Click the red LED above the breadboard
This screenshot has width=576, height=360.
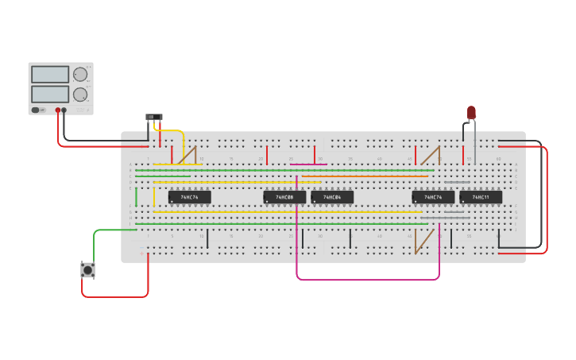[471, 112]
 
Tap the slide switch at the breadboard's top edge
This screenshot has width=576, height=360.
[154, 118]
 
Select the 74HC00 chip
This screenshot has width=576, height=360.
[284, 197]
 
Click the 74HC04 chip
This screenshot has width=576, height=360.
[332, 197]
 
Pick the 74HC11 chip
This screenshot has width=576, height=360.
[481, 197]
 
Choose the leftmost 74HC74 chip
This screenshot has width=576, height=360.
[189, 197]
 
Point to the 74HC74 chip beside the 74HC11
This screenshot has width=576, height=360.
[433, 197]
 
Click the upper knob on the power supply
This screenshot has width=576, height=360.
[80, 75]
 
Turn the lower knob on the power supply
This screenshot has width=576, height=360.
[80, 95]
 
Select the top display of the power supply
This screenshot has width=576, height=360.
[50, 75]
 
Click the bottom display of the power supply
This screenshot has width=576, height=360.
[50, 94]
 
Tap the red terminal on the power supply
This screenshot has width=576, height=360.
[58, 110]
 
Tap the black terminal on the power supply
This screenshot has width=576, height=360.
[64, 110]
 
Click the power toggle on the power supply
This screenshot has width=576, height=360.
[37, 110]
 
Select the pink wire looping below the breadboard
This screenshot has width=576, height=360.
[365, 280]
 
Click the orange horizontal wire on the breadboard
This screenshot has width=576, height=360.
[365, 176]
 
